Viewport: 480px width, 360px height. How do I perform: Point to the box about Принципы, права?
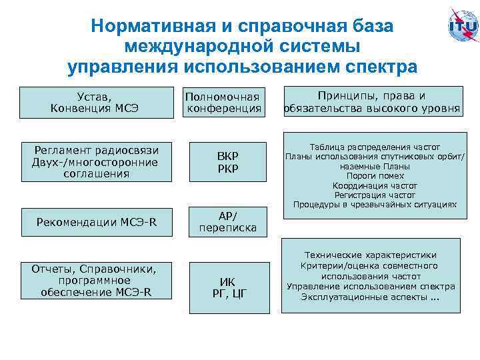[372, 102]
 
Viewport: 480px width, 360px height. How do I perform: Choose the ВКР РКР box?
[228, 161]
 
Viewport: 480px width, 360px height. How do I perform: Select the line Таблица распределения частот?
[374, 147]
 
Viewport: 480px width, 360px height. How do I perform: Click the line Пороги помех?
[374, 176]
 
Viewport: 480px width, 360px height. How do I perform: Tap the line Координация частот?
[374, 185]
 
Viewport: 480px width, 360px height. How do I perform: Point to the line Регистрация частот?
[374, 195]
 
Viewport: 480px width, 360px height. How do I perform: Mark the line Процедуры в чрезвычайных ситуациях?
[374, 205]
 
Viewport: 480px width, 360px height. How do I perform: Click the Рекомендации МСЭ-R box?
[96, 221]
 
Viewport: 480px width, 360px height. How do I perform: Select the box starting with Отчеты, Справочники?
[96, 281]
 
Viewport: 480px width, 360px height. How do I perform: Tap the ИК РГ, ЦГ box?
[228, 287]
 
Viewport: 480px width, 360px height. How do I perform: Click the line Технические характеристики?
[371, 255]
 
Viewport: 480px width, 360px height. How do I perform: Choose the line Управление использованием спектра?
[371, 287]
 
